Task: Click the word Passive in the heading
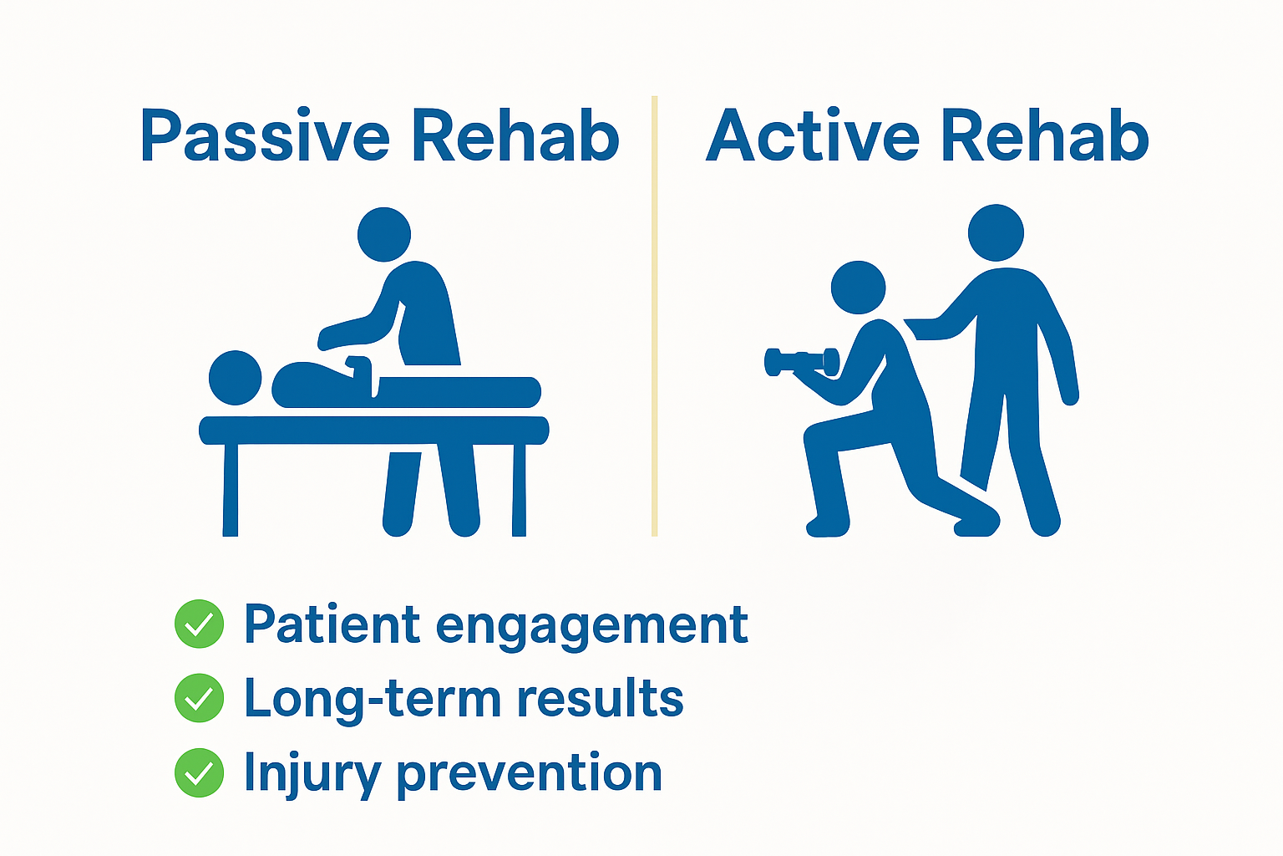[x=265, y=136]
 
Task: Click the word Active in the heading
[x=812, y=136]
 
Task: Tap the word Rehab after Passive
[x=515, y=136]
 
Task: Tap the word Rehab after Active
[x=1045, y=136]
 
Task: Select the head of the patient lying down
[x=235, y=378]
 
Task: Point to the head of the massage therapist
[x=384, y=234]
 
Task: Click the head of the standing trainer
[x=996, y=232]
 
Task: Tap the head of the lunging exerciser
[x=858, y=288]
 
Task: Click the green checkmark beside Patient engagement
[x=199, y=624]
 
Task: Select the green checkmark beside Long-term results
[x=199, y=698]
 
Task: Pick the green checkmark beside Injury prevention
[x=199, y=772]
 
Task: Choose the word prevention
[x=529, y=774]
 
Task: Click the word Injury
[x=312, y=774]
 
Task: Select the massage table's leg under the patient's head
[x=231, y=489]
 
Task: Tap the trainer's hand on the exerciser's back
[x=919, y=329]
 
